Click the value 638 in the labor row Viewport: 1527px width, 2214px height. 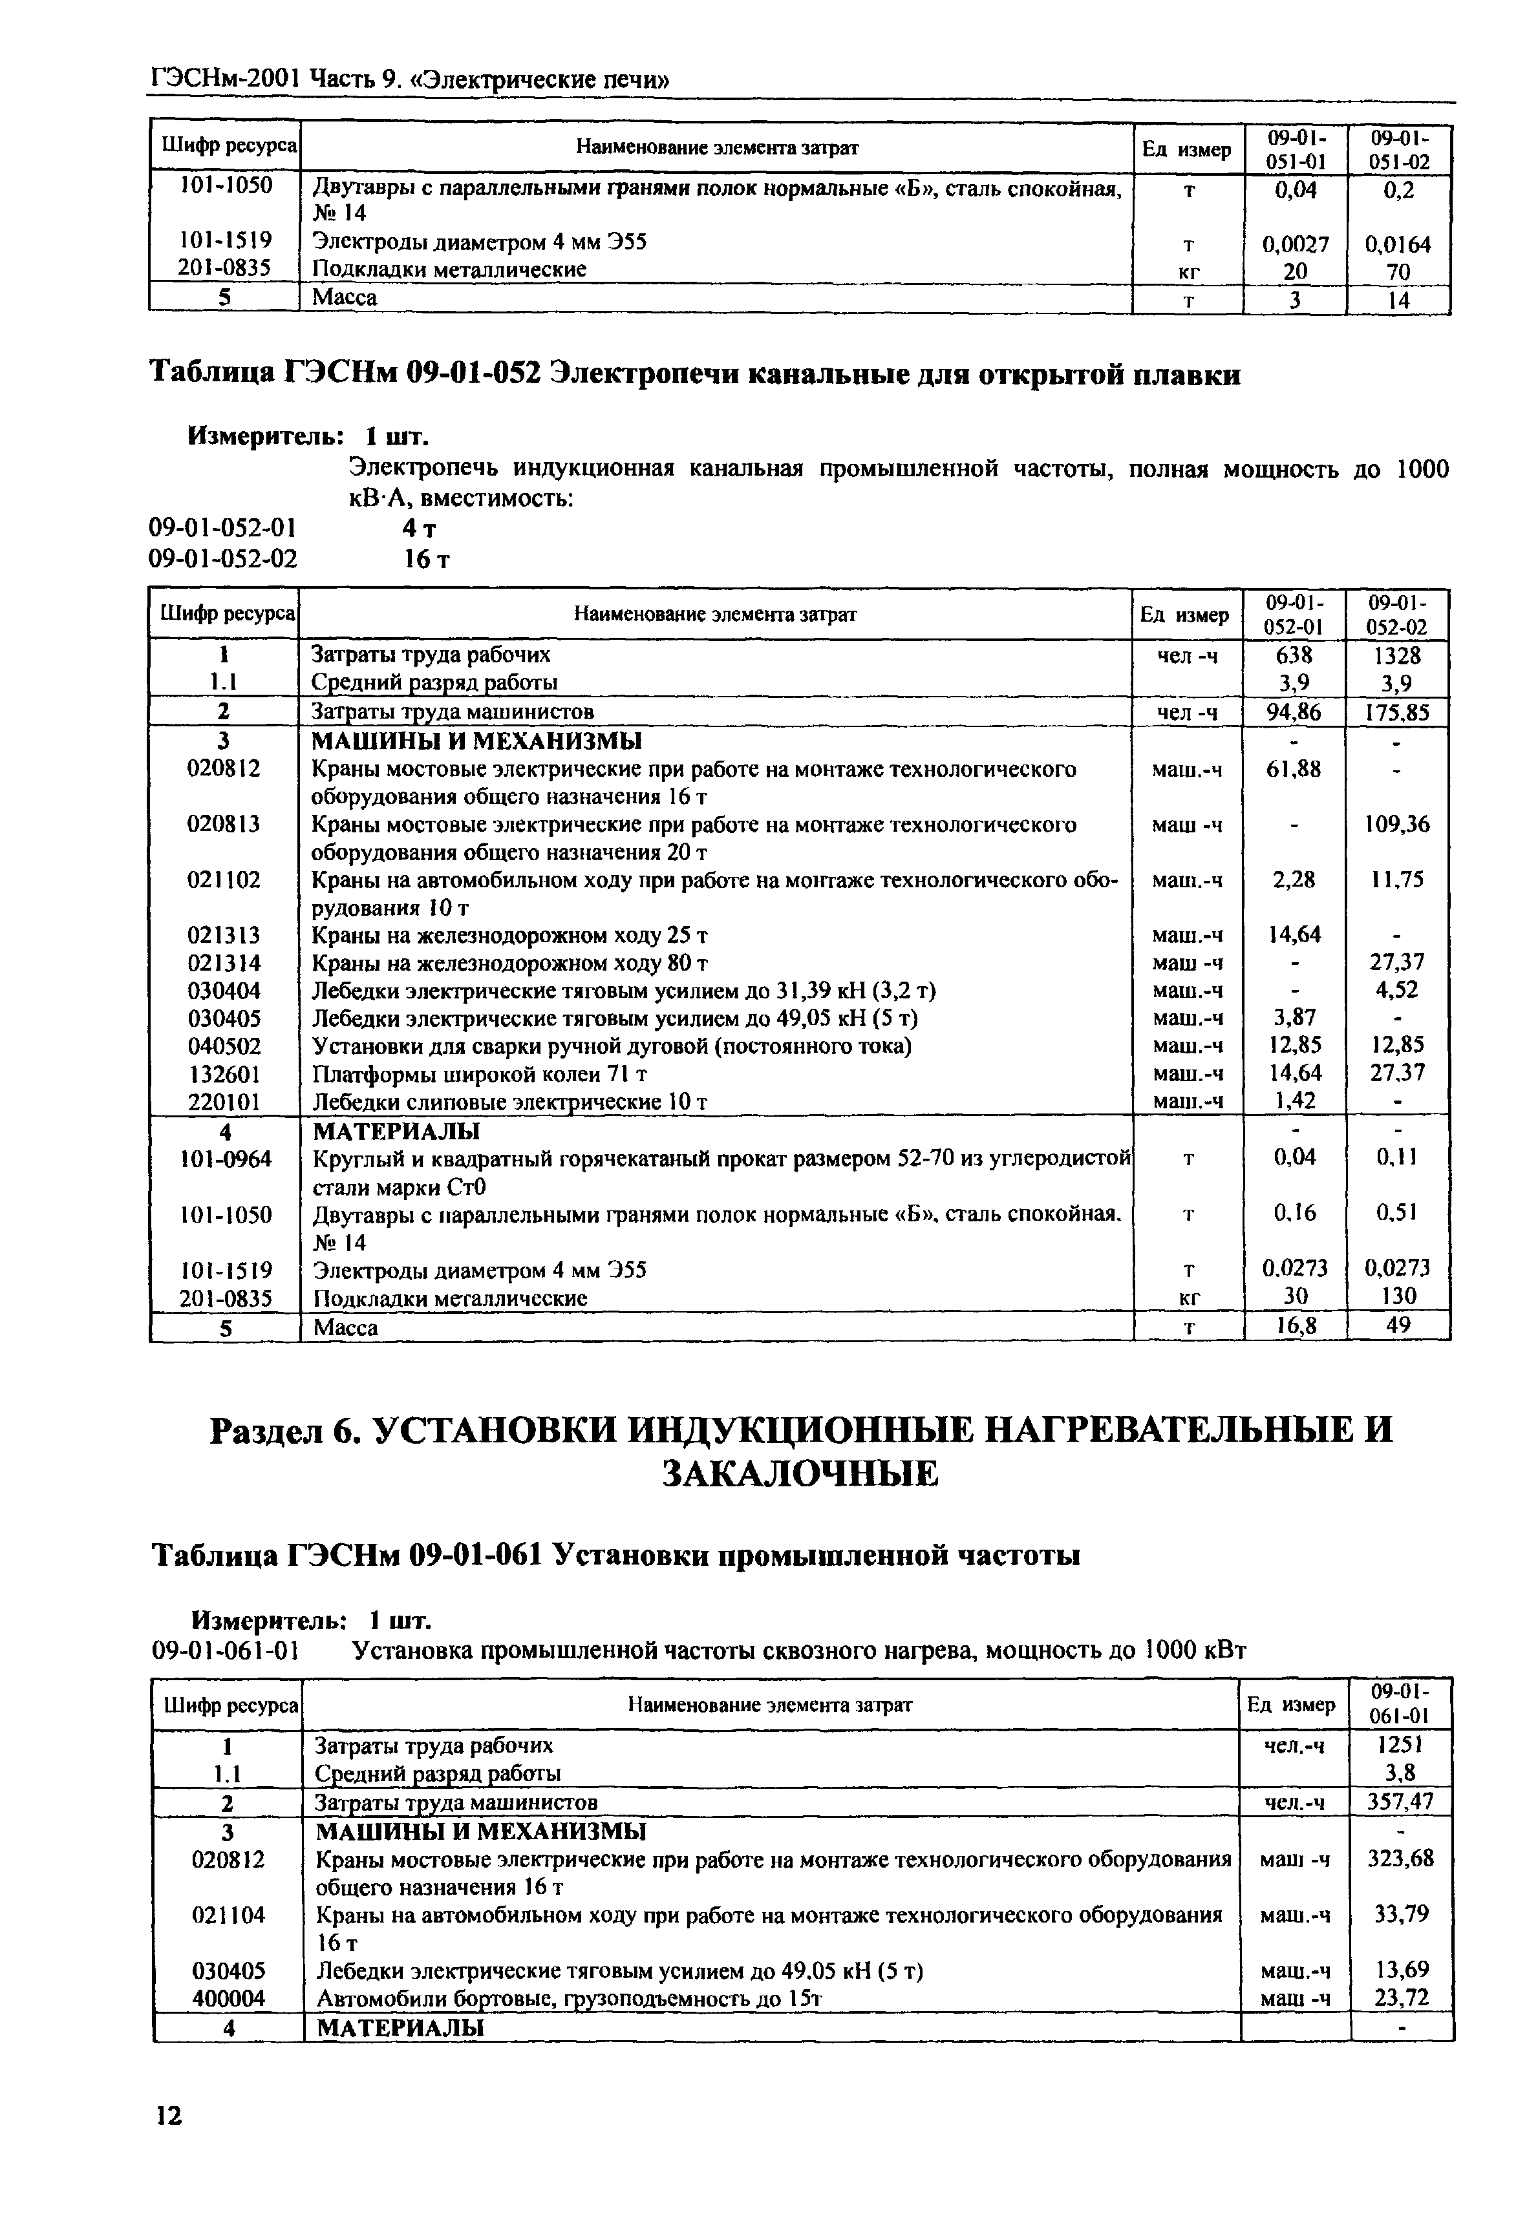1294,655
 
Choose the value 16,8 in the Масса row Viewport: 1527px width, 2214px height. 1294,1325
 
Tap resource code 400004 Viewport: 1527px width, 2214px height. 228,1999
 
